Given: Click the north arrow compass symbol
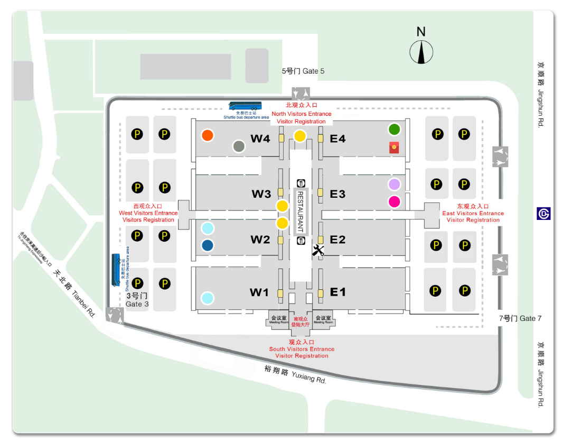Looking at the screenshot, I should pyautogui.click(x=422, y=52).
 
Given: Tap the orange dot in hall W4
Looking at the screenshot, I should pyautogui.click(x=208, y=135).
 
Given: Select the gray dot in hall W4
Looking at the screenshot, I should pyautogui.click(x=239, y=146).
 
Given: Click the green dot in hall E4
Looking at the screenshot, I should pyautogui.click(x=394, y=129).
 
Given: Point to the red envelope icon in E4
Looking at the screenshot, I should pyautogui.click(x=394, y=148).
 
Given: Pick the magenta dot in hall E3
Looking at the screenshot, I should pyautogui.click(x=394, y=201).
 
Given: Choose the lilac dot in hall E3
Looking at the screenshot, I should pyautogui.click(x=394, y=185).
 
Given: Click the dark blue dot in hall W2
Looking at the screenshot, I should pyautogui.click(x=208, y=245).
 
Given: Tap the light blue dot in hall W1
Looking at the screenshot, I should pyautogui.click(x=208, y=298).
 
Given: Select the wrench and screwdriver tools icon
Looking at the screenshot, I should pyautogui.click(x=318, y=251).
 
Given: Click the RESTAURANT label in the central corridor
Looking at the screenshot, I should pyautogui.click(x=300, y=212).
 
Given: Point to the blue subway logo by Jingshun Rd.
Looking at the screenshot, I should pyautogui.click(x=544, y=213).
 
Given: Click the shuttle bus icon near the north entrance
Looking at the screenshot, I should pyautogui.click(x=245, y=106).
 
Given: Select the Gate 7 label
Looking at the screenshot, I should pyautogui.click(x=520, y=318).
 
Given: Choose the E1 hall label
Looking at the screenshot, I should pyautogui.click(x=338, y=292).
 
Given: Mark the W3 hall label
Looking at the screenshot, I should pyautogui.click(x=261, y=194).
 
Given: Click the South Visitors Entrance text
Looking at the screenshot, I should pyautogui.click(x=302, y=349).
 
